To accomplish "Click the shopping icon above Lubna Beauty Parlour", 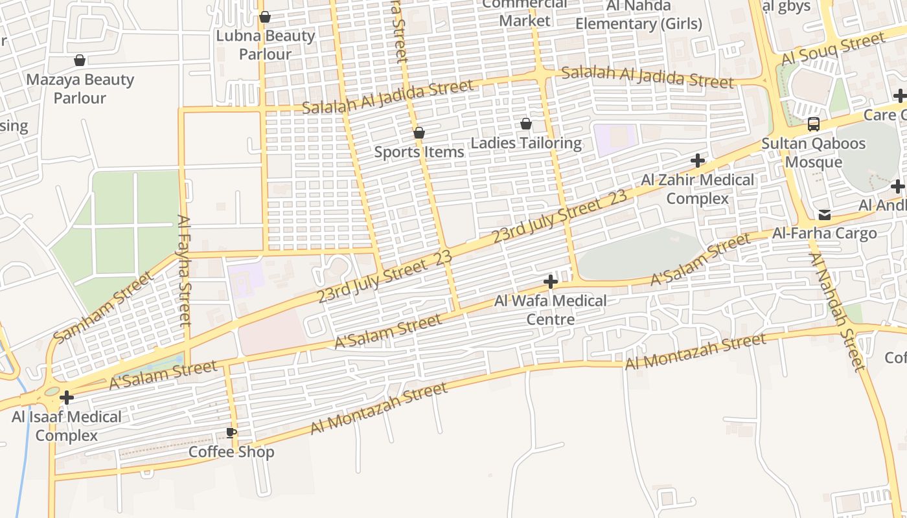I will [264, 17].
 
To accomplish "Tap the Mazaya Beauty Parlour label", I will [80, 89].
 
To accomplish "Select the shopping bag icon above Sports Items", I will [419, 133].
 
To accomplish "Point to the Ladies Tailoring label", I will [526, 143].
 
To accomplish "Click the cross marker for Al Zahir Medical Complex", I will [698, 160].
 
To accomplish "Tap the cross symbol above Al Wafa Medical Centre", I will [551, 282].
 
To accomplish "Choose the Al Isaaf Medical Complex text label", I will [66, 426].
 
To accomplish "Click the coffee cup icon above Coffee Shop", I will [231, 433].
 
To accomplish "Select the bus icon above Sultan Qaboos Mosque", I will [814, 124].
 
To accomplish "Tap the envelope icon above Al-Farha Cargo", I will [824, 214].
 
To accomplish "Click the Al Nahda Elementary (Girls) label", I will [638, 15].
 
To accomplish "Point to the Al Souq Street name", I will [832, 49].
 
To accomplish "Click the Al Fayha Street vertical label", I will [185, 270].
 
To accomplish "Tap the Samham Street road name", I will [104, 307].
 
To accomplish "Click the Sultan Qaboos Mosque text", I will [814, 152].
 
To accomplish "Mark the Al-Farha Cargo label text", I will [824, 233].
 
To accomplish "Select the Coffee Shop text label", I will [231, 452].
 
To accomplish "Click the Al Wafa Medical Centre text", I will [551, 310].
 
